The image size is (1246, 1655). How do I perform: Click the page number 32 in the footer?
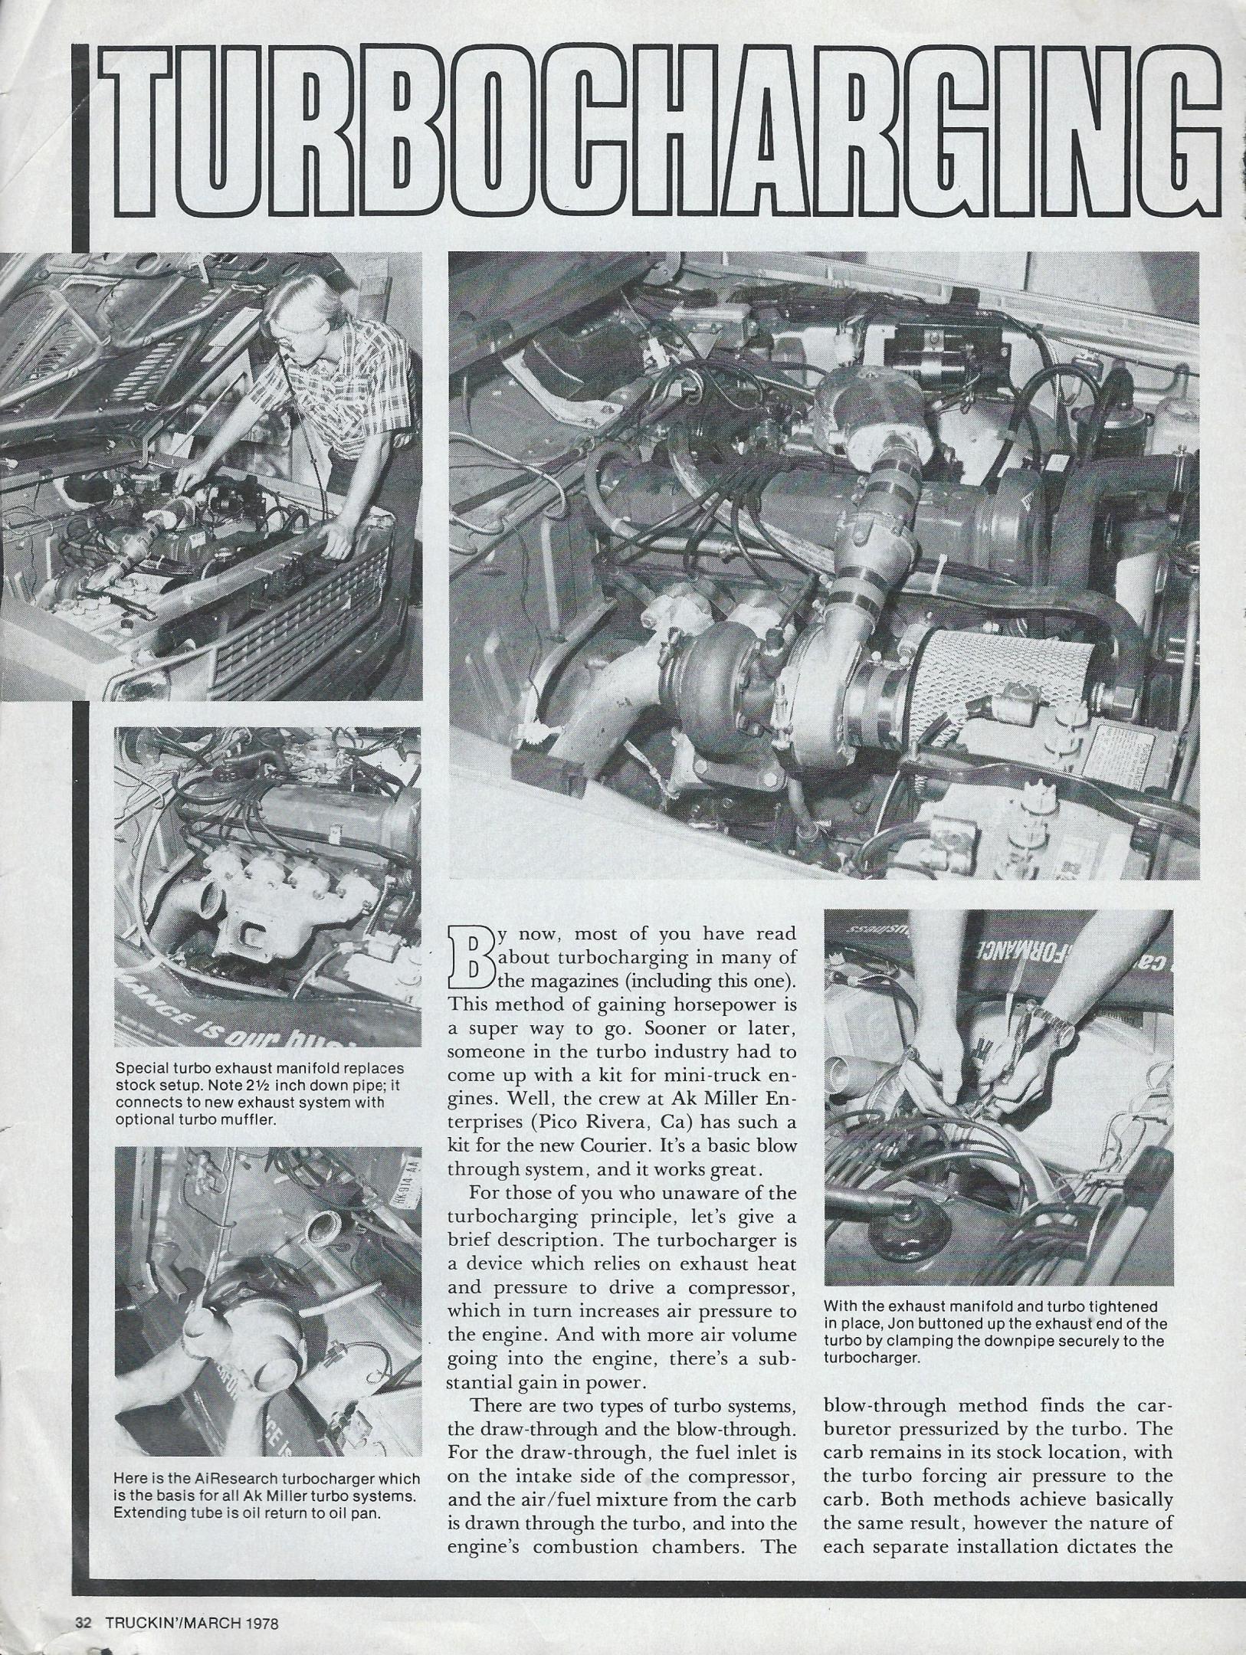pos(84,1623)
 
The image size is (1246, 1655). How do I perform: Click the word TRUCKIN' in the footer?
pos(139,1623)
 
